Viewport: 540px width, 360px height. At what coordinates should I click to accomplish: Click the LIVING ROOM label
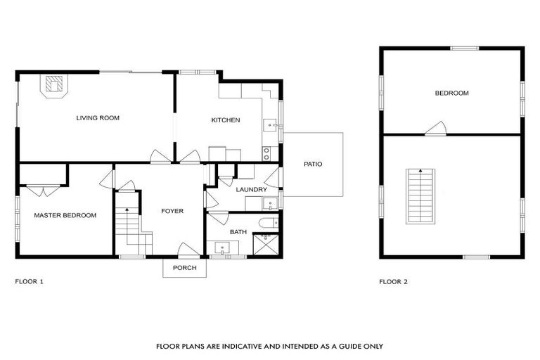[98, 118]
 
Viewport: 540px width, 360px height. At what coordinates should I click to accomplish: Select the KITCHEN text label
[226, 120]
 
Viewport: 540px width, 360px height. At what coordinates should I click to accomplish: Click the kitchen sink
[270, 127]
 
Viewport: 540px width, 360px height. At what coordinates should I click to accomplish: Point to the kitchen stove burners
[266, 151]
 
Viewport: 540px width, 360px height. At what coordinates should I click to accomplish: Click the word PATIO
[313, 164]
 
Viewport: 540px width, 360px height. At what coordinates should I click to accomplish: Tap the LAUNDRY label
[251, 190]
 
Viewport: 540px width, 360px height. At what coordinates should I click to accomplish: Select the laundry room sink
[269, 205]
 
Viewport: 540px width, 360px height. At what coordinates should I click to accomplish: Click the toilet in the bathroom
[268, 223]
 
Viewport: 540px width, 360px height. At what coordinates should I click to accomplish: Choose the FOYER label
[172, 211]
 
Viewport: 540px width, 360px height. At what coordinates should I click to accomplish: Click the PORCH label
[184, 268]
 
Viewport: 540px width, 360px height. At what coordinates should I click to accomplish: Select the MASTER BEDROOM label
[65, 215]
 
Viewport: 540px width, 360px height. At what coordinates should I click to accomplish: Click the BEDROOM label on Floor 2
[451, 93]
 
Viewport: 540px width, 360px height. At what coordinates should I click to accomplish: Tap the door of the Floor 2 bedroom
[436, 129]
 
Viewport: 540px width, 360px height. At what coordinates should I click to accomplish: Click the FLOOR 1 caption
[30, 281]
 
